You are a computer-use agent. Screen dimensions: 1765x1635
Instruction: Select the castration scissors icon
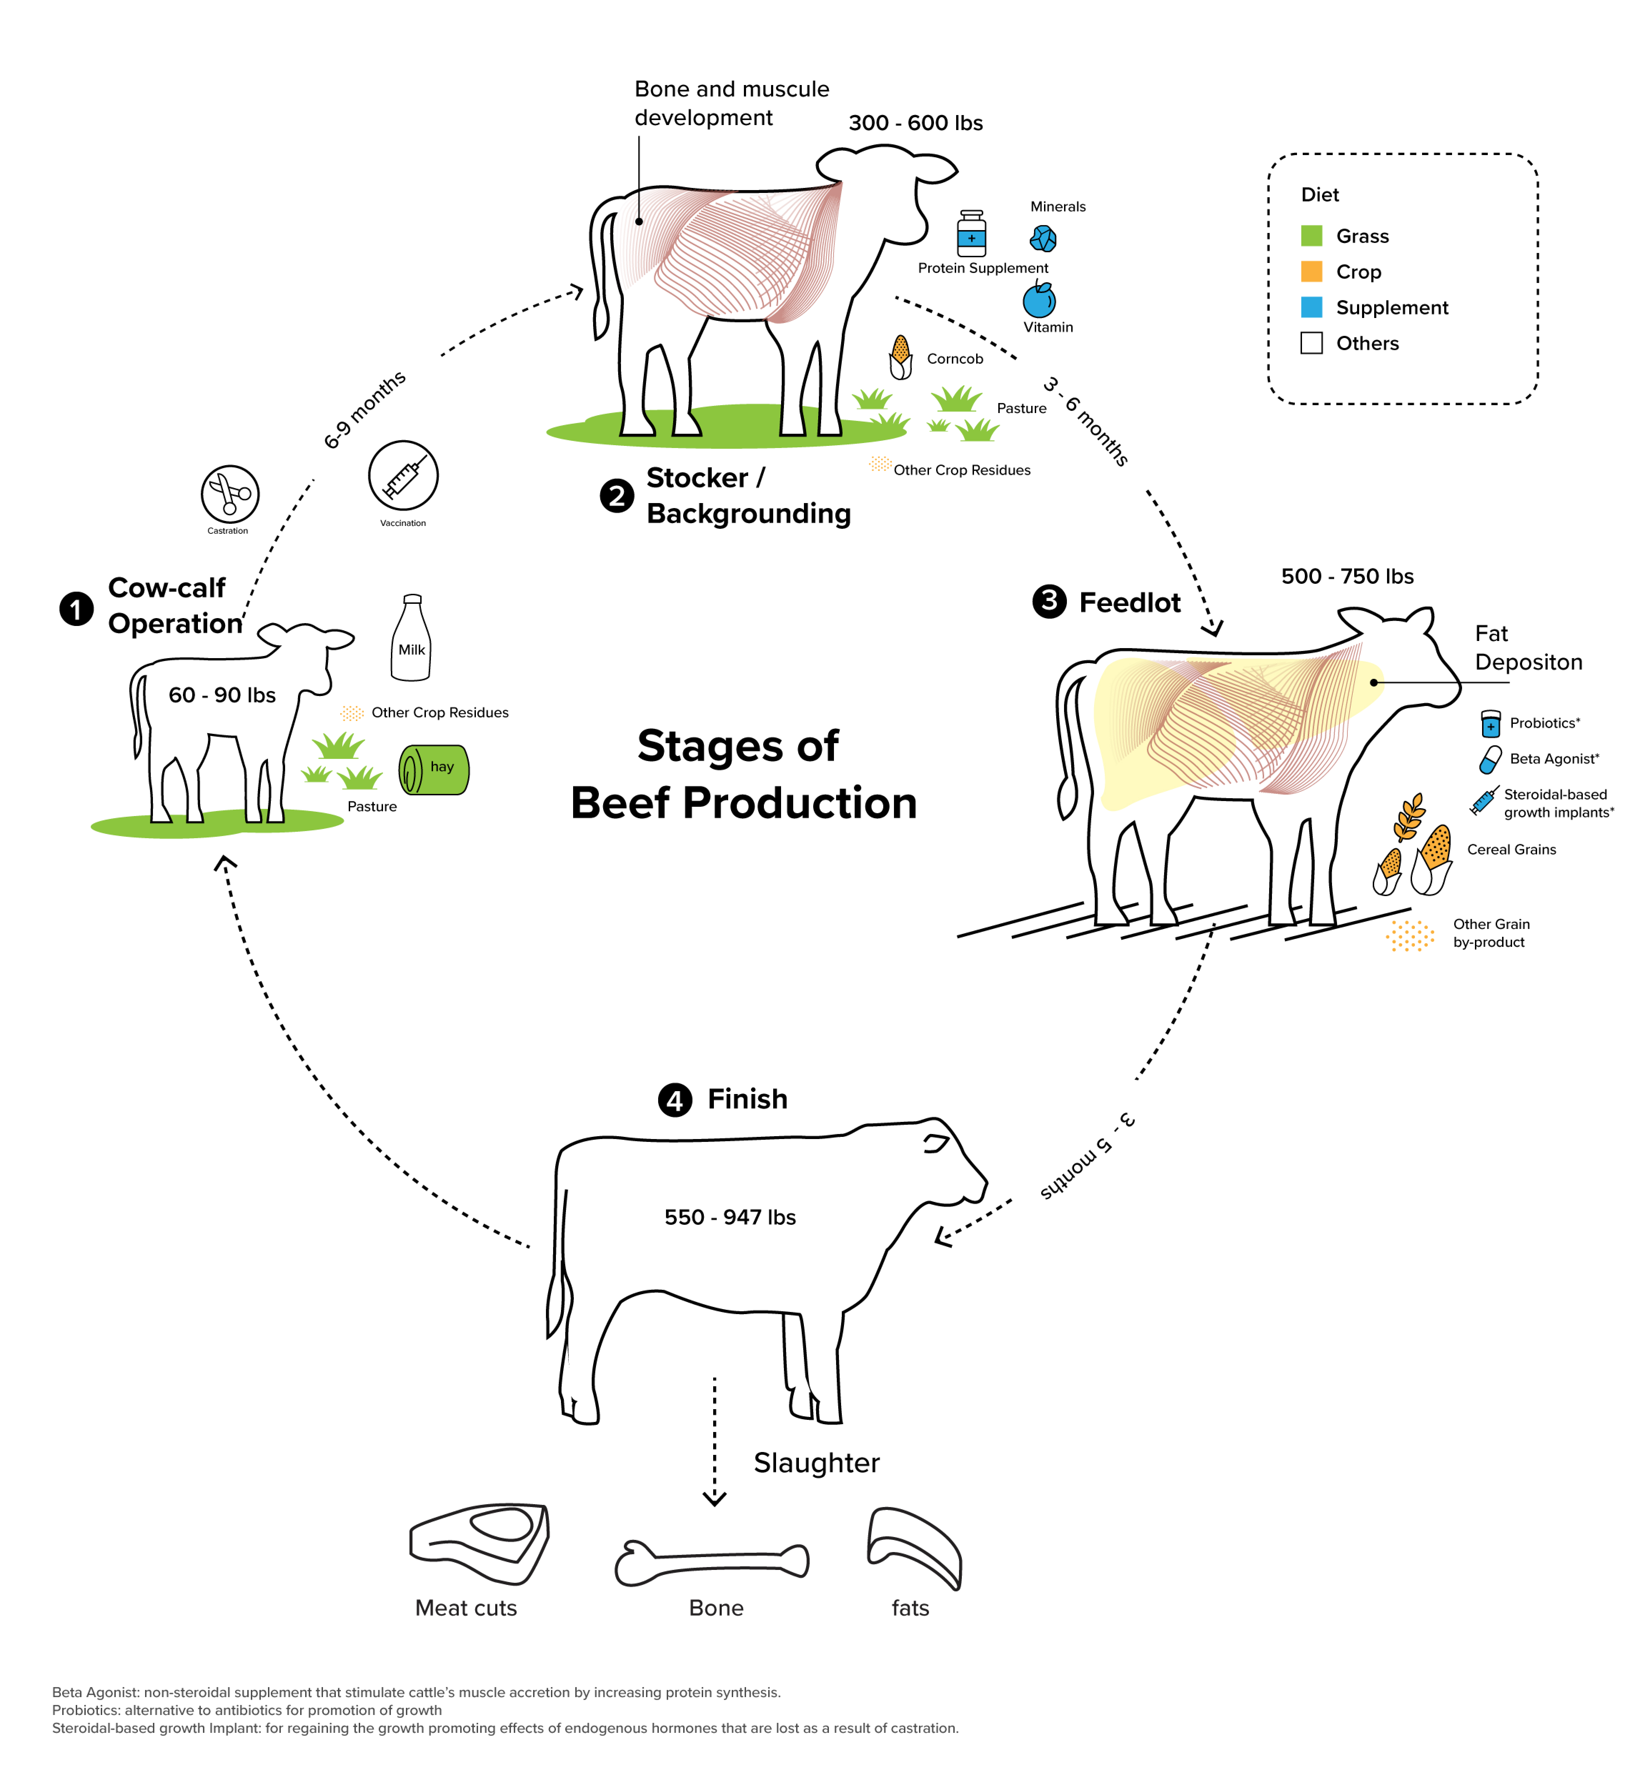tap(230, 494)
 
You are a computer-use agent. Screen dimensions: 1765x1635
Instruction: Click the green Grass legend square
tap(1311, 235)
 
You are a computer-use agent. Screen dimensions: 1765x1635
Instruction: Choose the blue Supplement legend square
tap(1311, 307)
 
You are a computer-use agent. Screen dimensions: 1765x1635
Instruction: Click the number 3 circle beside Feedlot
tap(1049, 602)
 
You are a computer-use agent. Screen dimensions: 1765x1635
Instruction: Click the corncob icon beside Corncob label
tap(901, 357)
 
